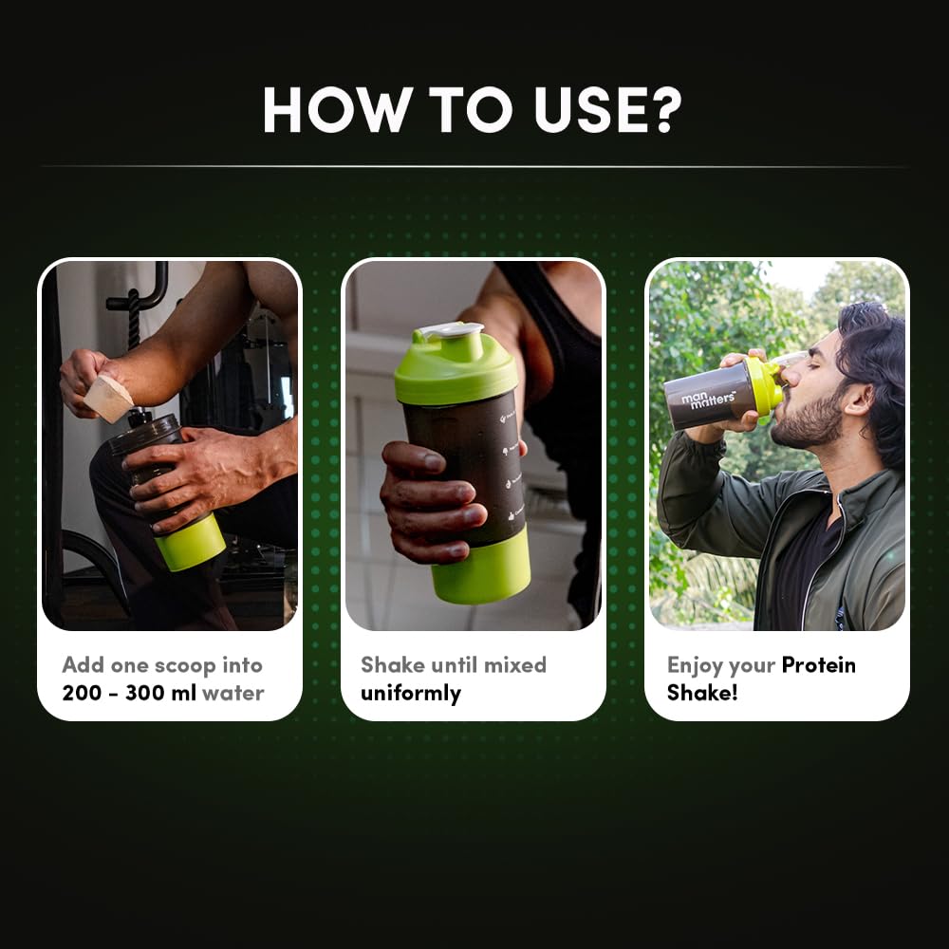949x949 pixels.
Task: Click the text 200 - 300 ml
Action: (129, 693)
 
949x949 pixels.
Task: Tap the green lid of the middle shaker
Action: (455, 366)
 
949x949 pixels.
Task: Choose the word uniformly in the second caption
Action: (410, 693)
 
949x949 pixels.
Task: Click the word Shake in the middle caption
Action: (392, 664)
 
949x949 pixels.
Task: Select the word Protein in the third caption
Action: (818, 664)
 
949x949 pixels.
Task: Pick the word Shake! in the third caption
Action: (702, 693)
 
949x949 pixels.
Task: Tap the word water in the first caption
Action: (233, 693)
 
